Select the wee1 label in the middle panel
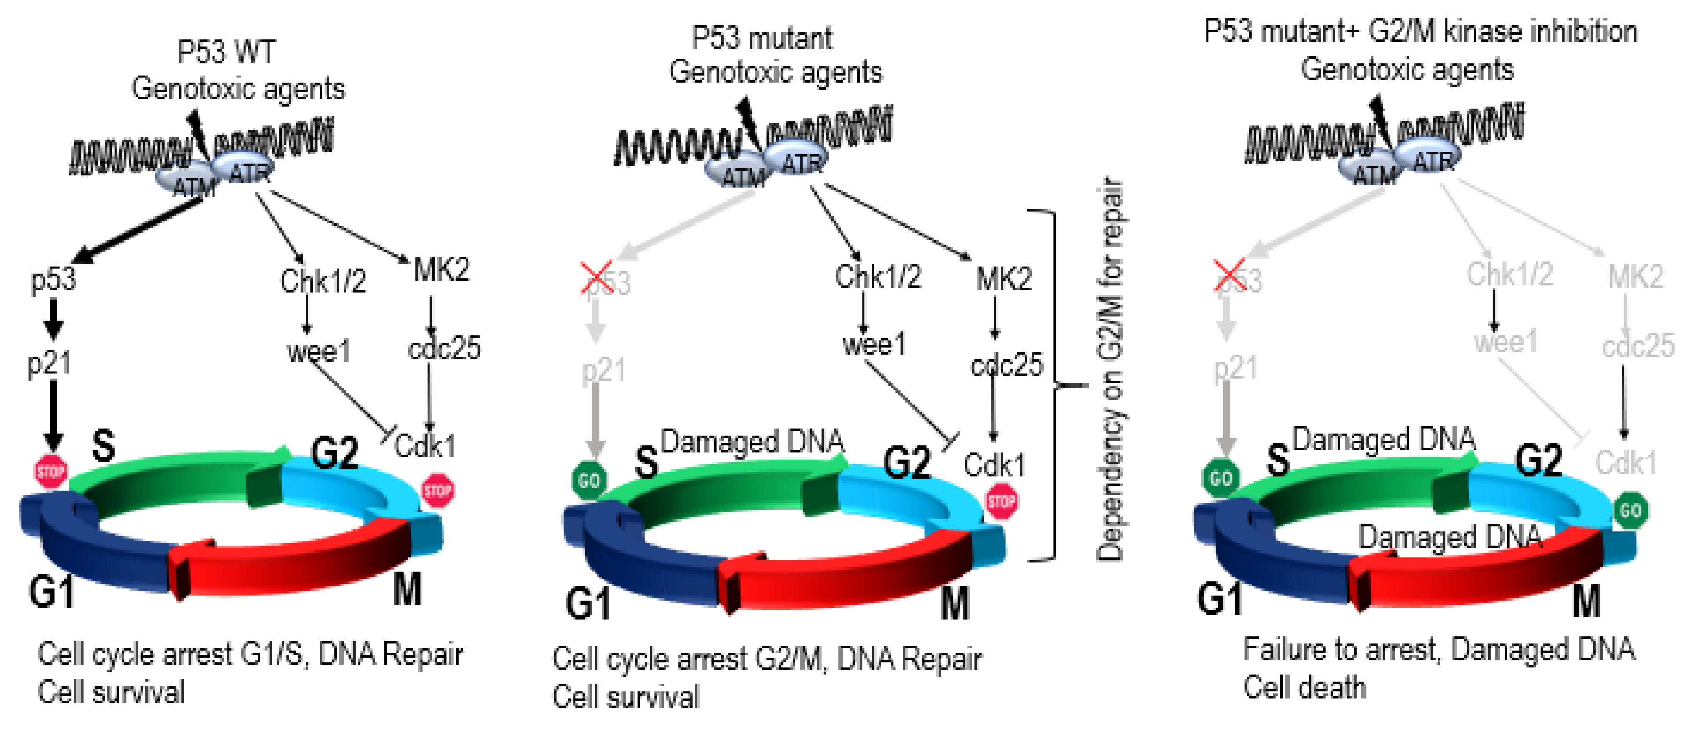(x=874, y=344)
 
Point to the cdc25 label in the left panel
(x=444, y=348)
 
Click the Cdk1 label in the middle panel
(x=994, y=465)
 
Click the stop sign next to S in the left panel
(x=51, y=471)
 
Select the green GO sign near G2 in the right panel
(x=1631, y=510)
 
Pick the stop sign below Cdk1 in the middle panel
(x=1001, y=502)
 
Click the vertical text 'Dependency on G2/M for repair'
(x=1110, y=369)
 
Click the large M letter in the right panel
(x=1586, y=601)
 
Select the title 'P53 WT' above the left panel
(x=226, y=52)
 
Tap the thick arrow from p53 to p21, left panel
(x=54, y=320)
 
